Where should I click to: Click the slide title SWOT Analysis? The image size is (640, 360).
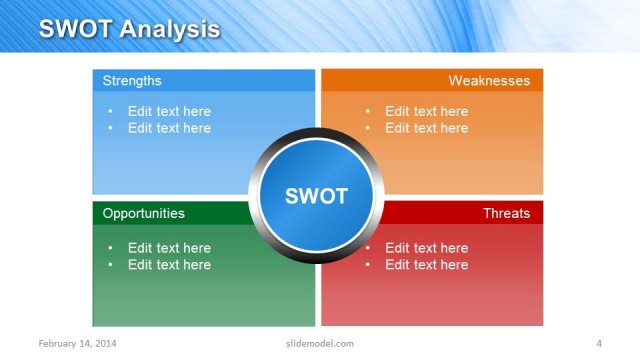click(129, 29)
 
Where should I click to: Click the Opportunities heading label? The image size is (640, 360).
click(143, 213)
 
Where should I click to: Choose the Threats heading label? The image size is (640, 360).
click(506, 213)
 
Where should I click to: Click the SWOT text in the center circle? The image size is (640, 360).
click(316, 196)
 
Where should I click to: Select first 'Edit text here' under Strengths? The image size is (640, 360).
click(169, 111)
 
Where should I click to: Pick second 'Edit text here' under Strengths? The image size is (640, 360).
click(169, 128)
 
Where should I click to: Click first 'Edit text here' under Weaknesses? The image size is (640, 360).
click(426, 111)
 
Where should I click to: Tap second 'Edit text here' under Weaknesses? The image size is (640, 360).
click(426, 128)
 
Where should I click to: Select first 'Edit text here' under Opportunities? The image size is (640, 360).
click(169, 248)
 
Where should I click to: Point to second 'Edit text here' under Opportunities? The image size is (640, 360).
click(169, 265)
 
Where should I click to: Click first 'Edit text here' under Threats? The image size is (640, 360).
click(426, 248)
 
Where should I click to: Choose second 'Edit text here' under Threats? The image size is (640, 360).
click(426, 265)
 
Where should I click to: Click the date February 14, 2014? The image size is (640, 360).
click(77, 344)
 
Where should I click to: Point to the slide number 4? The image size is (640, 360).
click(598, 344)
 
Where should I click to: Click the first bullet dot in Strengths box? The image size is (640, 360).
click(110, 112)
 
